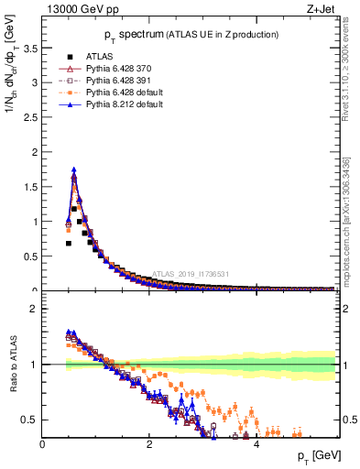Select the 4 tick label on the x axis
(256, 445)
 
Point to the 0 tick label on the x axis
(42, 445)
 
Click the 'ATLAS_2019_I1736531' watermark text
(192, 273)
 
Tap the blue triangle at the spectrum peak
(73, 169)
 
